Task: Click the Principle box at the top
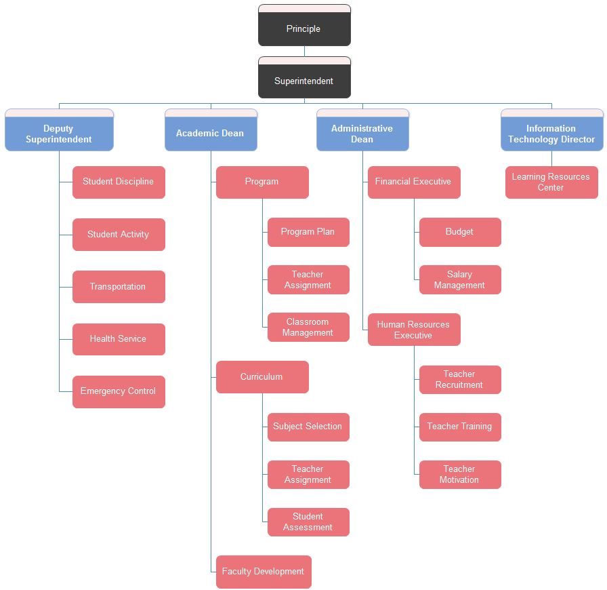click(x=304, y=28)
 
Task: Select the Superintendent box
click(x=304, y=81)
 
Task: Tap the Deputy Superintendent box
click(x=59, y=134)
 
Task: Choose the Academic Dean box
click(x=211, y=134)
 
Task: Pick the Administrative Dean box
click(x=362, y=134)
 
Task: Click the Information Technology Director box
click(x=551, y=134)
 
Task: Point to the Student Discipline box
click(x=119, y=182)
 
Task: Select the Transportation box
click(x=119, y=287)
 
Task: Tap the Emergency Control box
click(x=119, y=391)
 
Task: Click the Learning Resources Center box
click(x=551, y=182)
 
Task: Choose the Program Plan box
click(x=308, y=232)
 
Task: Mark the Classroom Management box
click(x=308, y=327)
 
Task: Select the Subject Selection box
click(x=308, y=427)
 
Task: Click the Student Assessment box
click(x=308, y=522)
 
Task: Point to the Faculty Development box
click(x=264, y=572)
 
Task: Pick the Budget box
click(x=460, y=232)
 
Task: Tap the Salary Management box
click(x=460, y=279)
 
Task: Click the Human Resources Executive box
click(x=414, y=330)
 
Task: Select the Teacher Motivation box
click(x=460, y=474)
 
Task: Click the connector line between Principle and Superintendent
click(x=304, y=52)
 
